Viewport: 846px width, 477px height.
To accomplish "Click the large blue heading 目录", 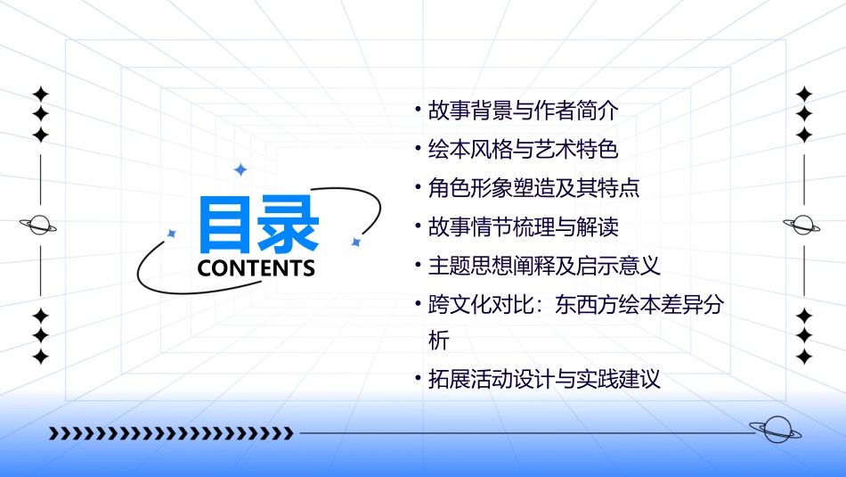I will tap(258, 224).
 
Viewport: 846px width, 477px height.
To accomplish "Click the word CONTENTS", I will tap(256, 268).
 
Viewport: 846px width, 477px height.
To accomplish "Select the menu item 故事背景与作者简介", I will tap(523, 111).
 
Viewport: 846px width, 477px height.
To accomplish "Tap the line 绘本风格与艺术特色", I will tap(523, 149).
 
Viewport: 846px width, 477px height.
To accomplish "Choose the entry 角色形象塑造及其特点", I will tap(533, 188).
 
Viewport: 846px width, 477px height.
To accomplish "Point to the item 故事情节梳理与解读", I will tap(523, 226).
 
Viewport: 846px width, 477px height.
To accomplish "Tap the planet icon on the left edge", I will tap(39, 226).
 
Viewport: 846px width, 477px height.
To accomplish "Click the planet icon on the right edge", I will tap(802, 226).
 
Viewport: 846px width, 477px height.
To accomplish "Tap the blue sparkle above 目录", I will tap(240, 169).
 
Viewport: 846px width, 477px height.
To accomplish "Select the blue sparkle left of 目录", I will tap(172, 234).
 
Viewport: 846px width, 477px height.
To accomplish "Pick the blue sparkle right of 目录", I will tap(355, 242).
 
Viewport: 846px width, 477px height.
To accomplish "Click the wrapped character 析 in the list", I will tap(439, 341).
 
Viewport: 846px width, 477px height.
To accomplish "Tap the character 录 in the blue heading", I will tap(289, 224).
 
